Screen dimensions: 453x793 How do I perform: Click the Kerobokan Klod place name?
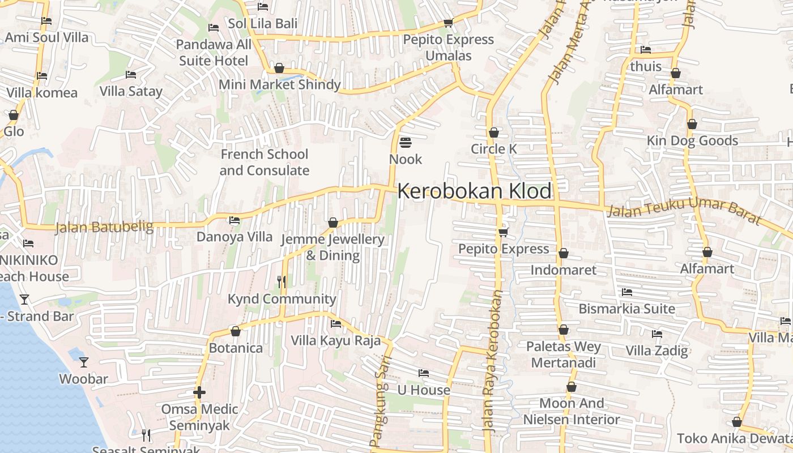pyautogui.click(x=474, y=191)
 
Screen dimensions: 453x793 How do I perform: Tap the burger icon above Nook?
pyautogui.click(x=406, y=142)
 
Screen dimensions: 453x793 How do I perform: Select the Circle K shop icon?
pyautogui.click(x=494, y=133)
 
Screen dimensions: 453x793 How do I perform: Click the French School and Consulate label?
pyautogui.click(x=264, y=162)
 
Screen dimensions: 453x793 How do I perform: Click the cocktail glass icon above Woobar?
pyautogui.click(x=84, y=362)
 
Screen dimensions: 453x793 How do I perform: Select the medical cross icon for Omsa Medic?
pyautogui.click(x=199, y=392)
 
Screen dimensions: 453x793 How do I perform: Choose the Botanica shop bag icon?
pyautogui.click(x=236, y=331)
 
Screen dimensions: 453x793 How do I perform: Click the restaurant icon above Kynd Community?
pyautogui.click(x=282, y=281)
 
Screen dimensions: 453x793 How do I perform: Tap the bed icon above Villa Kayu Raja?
pyautogui.click(x=336, y=324)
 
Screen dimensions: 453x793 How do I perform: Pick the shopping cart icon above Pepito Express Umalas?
pyautogui.click(x=448, y=23)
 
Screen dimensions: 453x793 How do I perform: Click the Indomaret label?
pyautogui.click(x=563, y=270)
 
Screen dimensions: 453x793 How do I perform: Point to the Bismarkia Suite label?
pyautogui.click(x=626, y=309)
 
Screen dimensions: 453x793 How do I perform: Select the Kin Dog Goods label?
pyautogui.click(x=692, y=140)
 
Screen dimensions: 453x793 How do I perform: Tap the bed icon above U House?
pyautogui.click(x=423, y=373)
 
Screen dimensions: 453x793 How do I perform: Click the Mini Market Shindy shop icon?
pyautogui.click(x=279, y=69)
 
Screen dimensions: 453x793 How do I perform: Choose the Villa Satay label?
pyautogui.click(x=131, y=91)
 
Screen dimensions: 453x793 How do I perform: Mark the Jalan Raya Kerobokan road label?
pyautogui.click(x=492, y=362)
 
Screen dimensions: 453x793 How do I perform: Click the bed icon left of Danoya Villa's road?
pyautogui.click(x=234, y=220)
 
